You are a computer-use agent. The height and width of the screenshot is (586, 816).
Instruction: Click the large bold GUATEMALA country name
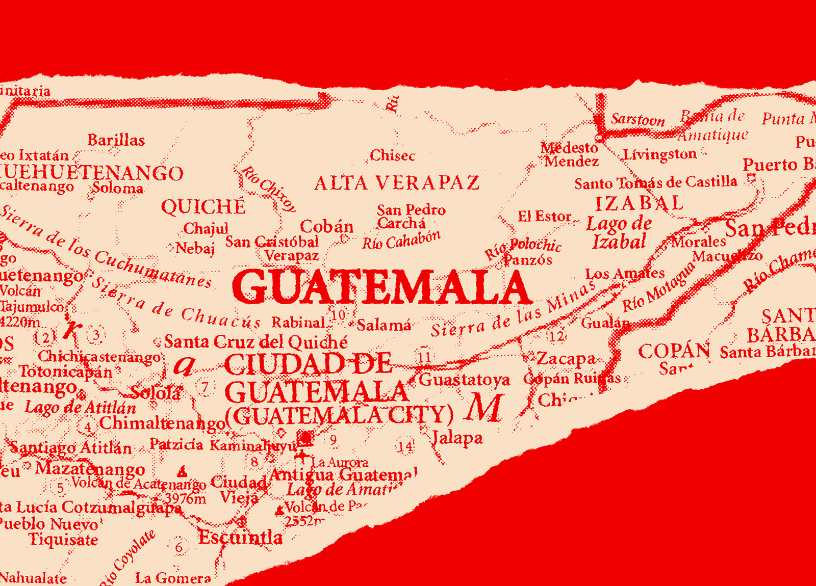coord(381,288)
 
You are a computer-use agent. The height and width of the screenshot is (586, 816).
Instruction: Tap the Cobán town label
coord(326,226)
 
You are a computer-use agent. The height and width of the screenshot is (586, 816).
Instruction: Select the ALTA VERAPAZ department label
coord(397,183)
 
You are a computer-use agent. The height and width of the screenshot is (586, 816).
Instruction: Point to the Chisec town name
coord(392,155)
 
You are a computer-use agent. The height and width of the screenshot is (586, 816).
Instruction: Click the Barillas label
coord(116,140)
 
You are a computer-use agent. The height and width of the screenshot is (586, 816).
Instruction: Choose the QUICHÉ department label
coord(203,207)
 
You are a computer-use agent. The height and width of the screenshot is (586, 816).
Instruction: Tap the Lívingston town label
coord(660,154)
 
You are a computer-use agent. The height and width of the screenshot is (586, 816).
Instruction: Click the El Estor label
coord(544,217)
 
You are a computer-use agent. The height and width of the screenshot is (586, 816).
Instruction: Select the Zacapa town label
coord(566,359)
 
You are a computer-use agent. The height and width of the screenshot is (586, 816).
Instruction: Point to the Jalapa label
coord(457,438)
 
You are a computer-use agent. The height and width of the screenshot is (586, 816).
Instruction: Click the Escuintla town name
coord(240,537)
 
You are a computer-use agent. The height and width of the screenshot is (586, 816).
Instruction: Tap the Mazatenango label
coord(90,469)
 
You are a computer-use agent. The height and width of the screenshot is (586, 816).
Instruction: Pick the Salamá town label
coord(384,325)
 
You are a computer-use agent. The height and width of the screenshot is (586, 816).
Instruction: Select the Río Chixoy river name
coord(269,188)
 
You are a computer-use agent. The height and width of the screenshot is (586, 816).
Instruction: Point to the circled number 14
coord(405,447)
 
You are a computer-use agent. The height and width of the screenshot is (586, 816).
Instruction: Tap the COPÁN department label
coord(674,351)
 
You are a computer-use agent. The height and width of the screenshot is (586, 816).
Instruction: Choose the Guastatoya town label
coord(464,380)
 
